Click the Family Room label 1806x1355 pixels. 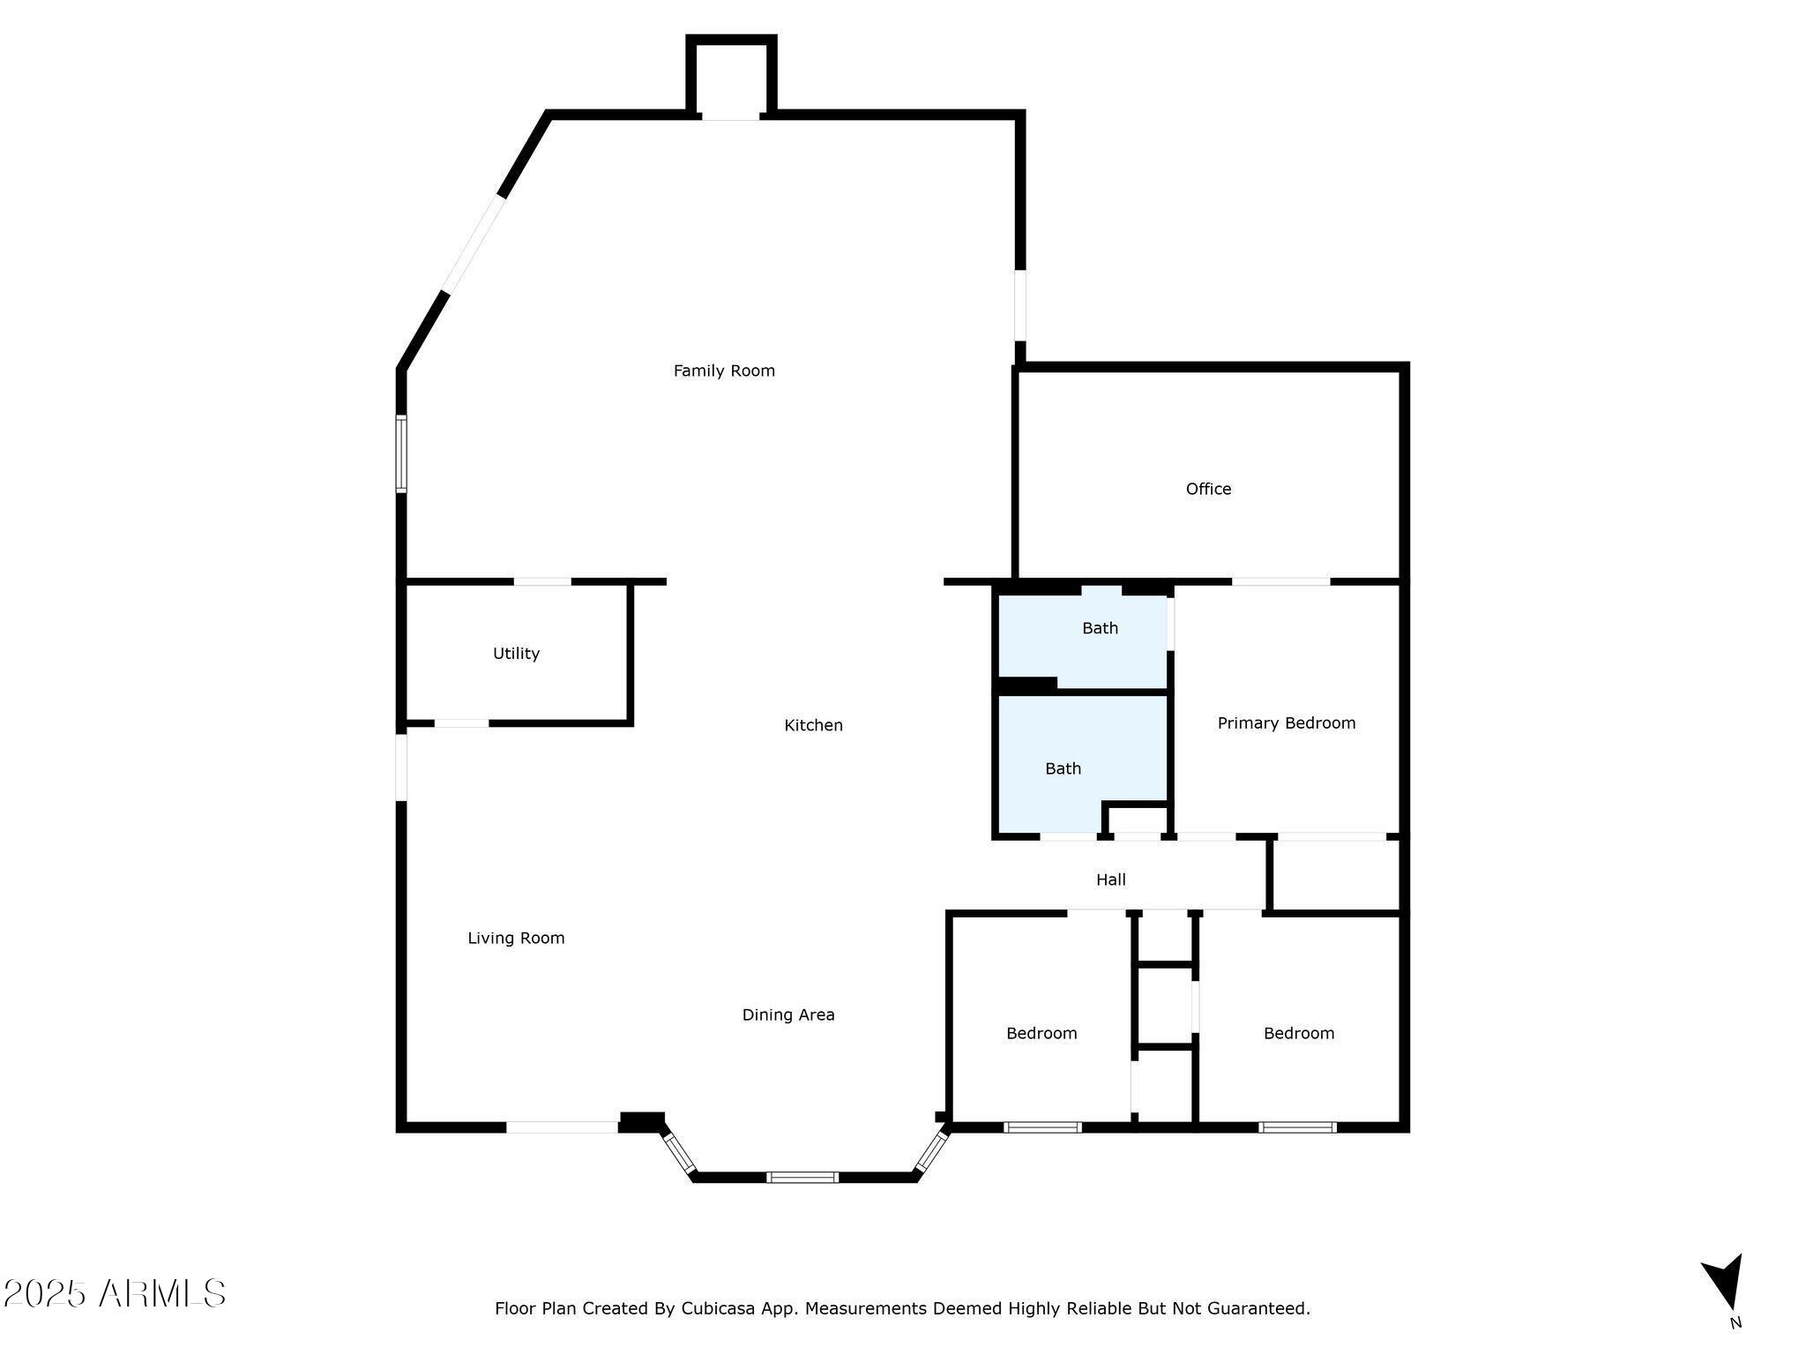(724, 371)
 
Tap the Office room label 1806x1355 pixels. (1208, 489)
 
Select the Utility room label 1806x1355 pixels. (516, 654)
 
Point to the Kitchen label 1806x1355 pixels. (813, 725)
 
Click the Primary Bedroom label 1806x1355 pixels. (1287, 723)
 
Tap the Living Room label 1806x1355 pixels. (516, 939)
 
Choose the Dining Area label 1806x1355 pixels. (788, 1015)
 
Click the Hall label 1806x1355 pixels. (1111, 880)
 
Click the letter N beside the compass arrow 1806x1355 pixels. (1735, 1323)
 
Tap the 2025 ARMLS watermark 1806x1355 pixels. (115, 1293)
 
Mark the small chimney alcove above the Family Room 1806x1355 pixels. (731, 78)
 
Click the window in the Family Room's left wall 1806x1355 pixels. (401, 453)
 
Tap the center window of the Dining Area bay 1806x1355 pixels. (802, 1177)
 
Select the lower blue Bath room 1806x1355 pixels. (1082, 764)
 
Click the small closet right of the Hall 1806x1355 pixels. (1336, 874)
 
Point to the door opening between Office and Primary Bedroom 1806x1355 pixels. (1280, 581)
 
